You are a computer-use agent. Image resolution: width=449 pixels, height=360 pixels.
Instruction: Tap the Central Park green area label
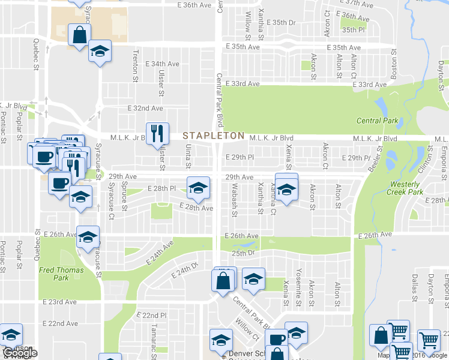point(377,121)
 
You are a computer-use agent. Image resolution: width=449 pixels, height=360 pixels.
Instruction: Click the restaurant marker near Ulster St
point(157,134)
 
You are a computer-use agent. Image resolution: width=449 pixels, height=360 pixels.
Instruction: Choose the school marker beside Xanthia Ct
point(286,189)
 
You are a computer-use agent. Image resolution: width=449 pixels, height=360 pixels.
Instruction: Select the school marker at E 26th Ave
point(88,238)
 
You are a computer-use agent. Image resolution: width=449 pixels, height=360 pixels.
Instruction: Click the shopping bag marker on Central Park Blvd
point(222,280)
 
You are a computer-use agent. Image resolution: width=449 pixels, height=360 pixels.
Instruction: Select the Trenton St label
point(135,67)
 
